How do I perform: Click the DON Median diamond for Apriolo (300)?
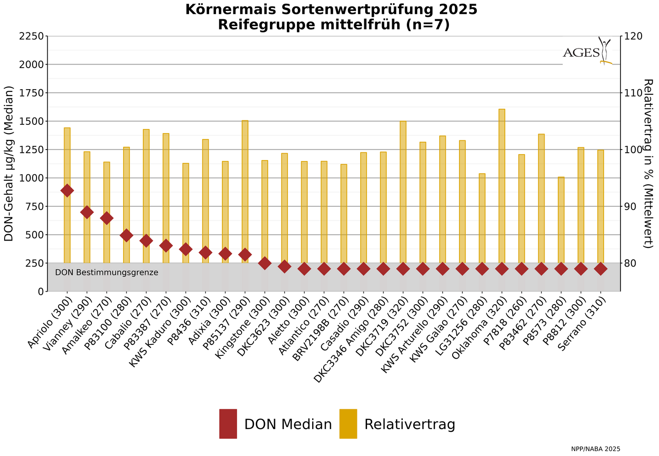tap(67, 191)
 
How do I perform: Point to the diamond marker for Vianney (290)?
tap(87, 212)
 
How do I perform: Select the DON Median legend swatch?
tap(228, 424)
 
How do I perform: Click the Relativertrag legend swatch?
tap(348, 424)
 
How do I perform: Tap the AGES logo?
tap(587, 52)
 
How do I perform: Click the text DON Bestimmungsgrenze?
tap(107, 273)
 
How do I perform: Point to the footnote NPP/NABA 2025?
tap(595, 449)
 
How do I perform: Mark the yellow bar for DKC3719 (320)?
tap(403, 192)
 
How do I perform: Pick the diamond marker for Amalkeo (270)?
tap(107, 218)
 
